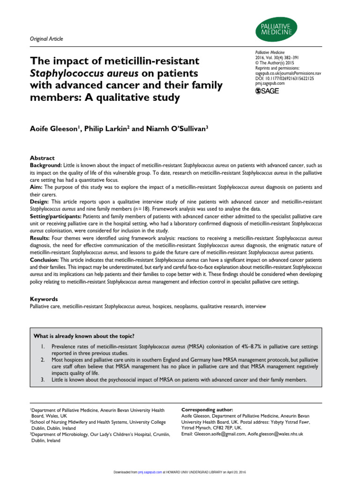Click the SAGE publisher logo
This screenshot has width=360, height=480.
tap(267, 91)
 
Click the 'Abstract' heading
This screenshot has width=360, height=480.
tap(42, 158)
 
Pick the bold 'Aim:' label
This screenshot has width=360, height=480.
tap(37, 187)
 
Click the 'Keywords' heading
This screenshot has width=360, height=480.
tap(44, 299)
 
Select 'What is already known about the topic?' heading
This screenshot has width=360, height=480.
tap(84, 336)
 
